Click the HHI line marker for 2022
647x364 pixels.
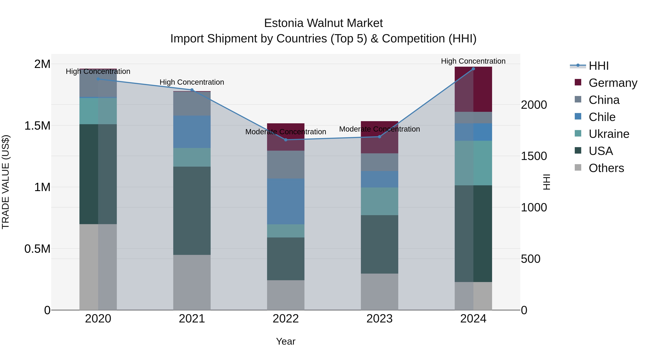tap(286, 140)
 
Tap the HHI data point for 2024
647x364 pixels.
tap(473, 69)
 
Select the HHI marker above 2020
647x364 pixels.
tap(98, 79)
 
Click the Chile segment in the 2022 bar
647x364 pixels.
tap(286, 201)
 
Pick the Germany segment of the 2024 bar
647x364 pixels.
tap(473, 89)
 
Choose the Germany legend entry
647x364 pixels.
tap(613, 83)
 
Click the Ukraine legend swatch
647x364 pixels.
tap(578, 133)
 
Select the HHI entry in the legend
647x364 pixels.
tap(598, 66)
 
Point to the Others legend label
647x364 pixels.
tap(606, 168)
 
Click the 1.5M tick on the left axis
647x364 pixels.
tap(37, 126)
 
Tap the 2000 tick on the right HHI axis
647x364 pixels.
tap(534, 105)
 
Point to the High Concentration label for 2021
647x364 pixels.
tap(192, 82)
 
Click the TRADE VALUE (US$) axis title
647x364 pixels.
tap(6, 182)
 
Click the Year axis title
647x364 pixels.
tap(286, 341)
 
